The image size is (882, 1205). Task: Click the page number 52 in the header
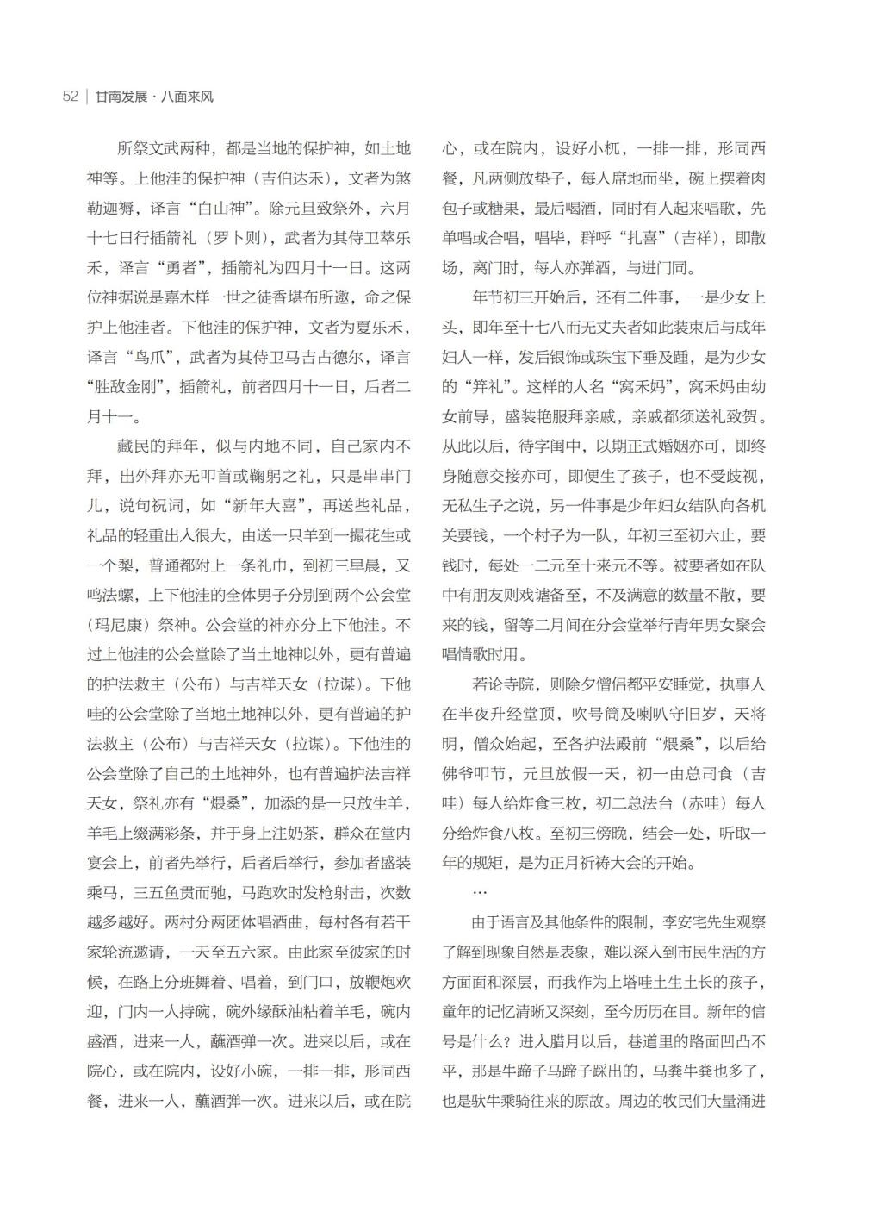coord(71,97)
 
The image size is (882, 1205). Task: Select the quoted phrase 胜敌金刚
coord(127,387)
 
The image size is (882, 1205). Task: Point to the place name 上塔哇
coord(641,982)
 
